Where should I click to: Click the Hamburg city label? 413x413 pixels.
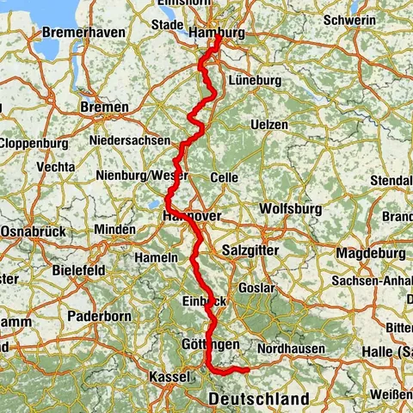[x=216, y=34]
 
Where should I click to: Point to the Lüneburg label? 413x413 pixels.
[x=256, y=80]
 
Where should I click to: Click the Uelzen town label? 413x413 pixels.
[x=268, y=125]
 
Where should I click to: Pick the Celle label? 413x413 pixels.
[x=225, y=177]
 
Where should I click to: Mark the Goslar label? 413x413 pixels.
[x=257, y=287]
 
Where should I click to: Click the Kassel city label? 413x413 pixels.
[x=169, y=378]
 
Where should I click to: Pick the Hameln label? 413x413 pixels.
[x=157, y=257]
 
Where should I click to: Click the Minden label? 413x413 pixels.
[x=114, y=230]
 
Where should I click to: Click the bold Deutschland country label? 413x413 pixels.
[x=259, y=400]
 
